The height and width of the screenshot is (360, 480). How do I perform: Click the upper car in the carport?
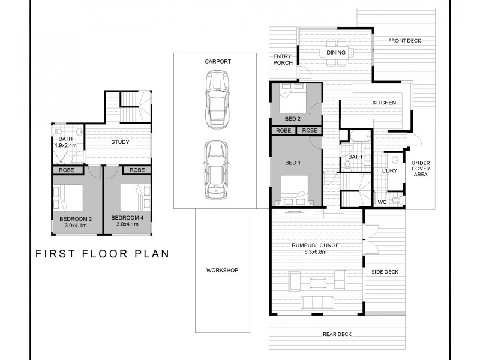pos(217,99)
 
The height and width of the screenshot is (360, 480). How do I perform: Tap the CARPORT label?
pos(217,62)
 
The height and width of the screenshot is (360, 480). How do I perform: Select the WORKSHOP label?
pos(222,271)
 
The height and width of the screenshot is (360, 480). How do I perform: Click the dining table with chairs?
pos(336,53)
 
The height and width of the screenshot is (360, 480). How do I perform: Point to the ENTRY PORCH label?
pos(283,59)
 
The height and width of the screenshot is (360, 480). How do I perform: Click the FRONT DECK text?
pos(404,41)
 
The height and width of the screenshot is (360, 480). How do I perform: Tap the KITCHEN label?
pos(384,103)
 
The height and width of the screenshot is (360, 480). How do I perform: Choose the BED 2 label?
pos(293,119)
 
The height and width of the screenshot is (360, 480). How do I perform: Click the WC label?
pos(382,202)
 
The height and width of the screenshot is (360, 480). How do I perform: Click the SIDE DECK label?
pos(385,272)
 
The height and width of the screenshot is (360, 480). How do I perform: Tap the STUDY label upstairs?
pos(121,143)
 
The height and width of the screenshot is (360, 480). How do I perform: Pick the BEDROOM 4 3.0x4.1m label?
pos(127,221)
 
